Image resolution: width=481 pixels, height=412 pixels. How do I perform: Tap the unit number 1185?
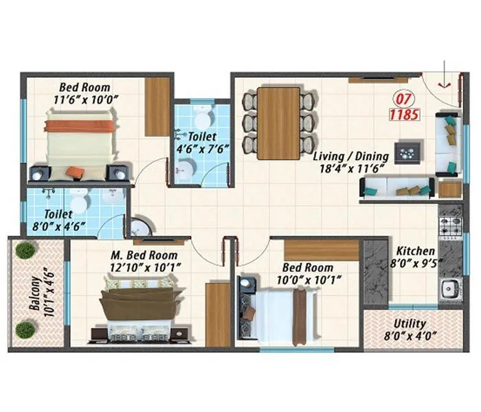405,115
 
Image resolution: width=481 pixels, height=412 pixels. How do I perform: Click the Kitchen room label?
415,251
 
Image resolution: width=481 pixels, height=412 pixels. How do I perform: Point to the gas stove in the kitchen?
450,225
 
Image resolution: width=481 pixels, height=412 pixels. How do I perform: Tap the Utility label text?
410,324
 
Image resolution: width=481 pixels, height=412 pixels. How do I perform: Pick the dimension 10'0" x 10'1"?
309,279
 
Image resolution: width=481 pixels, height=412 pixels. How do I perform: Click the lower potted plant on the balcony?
25,330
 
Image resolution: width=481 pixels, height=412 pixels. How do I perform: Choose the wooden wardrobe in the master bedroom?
218,314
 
